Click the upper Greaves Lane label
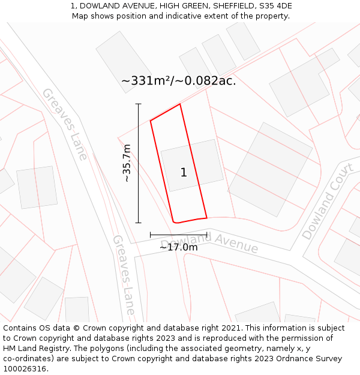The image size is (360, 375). coord(65,124)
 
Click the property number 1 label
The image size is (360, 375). coord(184,173)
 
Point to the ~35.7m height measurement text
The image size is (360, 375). coord(127,163)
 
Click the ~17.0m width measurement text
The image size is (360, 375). coord(178,247)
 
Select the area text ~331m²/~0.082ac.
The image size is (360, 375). coord(179,81)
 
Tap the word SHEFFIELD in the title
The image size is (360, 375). coord(230,6)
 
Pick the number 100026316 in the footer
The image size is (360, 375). coord(24,369)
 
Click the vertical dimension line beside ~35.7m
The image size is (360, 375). coord(139,163)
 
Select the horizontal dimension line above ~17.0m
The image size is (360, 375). coord(178,235)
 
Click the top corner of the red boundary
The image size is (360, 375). coord(180,104)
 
